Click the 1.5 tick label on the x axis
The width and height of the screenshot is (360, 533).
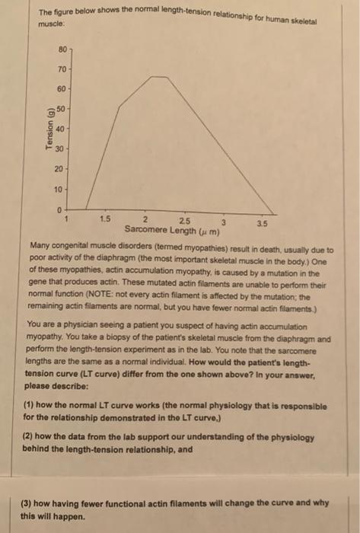[105, 218]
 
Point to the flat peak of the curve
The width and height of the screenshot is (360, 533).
[159, 77]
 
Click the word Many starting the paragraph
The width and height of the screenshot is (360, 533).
[38, 249]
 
